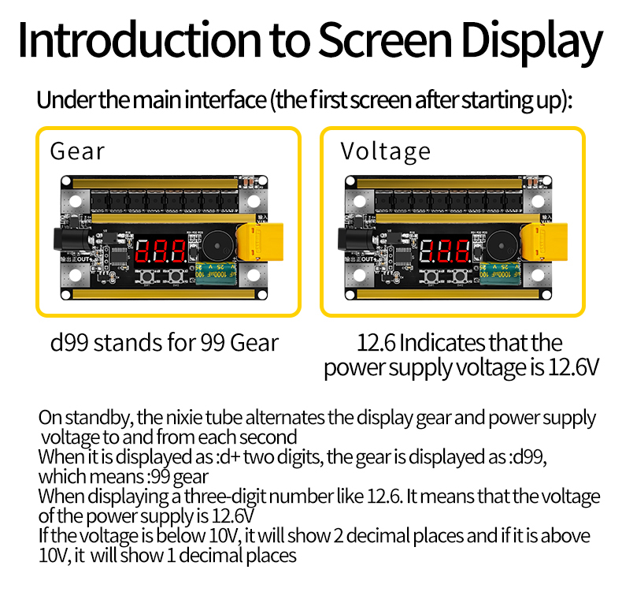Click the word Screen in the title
(385, 40)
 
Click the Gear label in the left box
(77, 151)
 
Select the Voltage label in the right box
(385, 152)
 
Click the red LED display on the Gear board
(161, 251)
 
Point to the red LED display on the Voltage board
(445, 251)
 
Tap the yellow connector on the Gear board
(260, 242)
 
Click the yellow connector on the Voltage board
(544, 242)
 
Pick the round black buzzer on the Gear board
(218, 245)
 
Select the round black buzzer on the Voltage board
(502, 245)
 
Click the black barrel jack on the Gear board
(72, 240)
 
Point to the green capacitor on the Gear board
(217, 274)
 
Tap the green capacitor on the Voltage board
(500, 274)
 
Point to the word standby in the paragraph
(98, 419)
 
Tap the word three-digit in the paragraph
(226, 497)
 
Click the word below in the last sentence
(181, 535)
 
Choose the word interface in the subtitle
(225, 99)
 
